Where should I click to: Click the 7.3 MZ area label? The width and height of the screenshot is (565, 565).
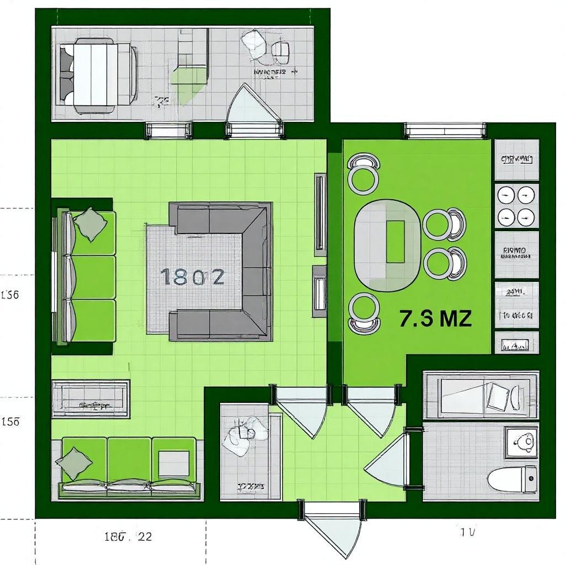pyautogui.click(x=435, y=319)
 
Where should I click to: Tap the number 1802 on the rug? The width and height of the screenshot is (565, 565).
pyautogui.click(x=193, y=276)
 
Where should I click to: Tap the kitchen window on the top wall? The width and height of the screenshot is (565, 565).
pyautogui.click(x=445, y=130)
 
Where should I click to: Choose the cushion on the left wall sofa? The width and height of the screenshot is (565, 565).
pyautogui.click(x=89, y=223)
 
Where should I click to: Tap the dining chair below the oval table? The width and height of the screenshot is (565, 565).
pyautogui.click(x=364, y=313)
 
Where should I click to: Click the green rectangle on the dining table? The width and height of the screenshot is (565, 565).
pyautogui.click(x=395, y=242)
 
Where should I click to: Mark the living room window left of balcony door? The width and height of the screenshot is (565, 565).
pyautogui.click(x=169, y=130)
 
